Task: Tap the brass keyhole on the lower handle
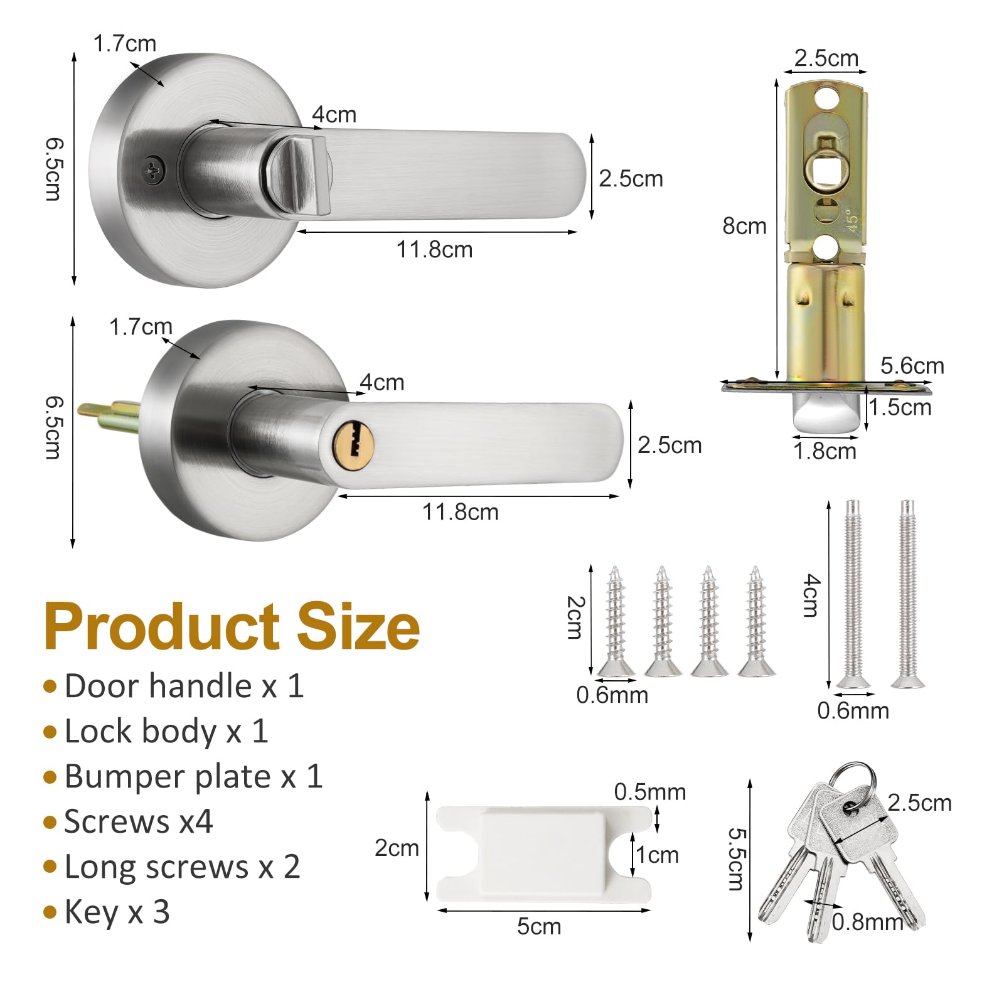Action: [x=353, y=440]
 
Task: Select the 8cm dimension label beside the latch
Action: [x=744, y=226]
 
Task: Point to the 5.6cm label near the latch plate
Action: [x=912, y=366]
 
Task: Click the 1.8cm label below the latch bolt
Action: [x=825, y=451]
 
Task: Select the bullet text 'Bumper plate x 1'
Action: [x=193, y=776]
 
